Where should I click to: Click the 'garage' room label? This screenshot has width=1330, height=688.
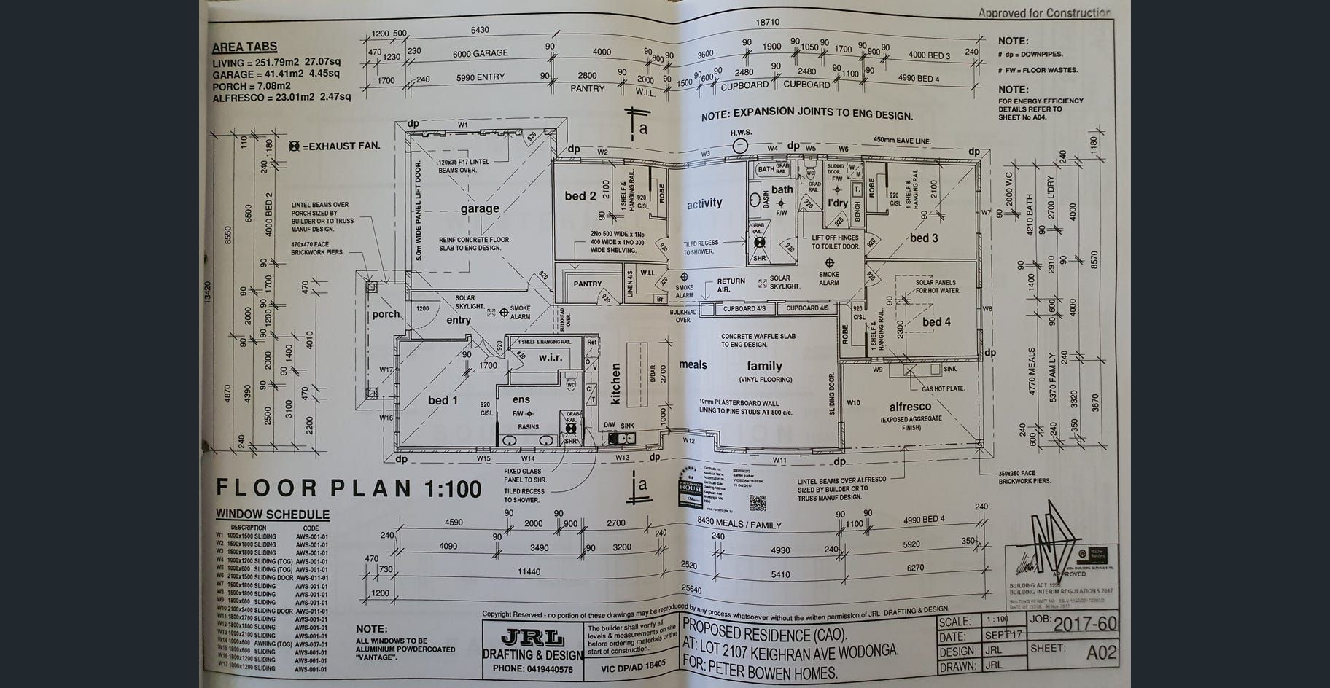(x=480, y=208)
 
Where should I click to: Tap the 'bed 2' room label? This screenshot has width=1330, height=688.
(x=580, y=195)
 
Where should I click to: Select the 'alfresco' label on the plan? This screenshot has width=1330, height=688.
(x=910, y=407)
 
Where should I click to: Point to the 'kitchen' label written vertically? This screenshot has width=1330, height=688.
(x=615, y=384)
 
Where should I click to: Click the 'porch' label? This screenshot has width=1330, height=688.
(x=386, y=314)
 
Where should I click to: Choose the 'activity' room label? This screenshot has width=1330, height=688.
(x=704, y=203)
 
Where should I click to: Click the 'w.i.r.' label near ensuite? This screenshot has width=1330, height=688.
(x=551, y=357)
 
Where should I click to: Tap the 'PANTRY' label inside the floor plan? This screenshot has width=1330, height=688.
(x=587, y=284)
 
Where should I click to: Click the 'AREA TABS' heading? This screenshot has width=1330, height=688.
(x=244, y=47)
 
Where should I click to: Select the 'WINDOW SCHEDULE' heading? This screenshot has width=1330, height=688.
(x=272, y=515)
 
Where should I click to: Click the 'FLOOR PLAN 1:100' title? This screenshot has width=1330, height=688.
(x=349, y=488)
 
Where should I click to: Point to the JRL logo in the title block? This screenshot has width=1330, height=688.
(x=533, y=638)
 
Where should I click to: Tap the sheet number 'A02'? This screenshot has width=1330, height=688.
(x=1101, y=652)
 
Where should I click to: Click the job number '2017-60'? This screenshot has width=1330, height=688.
(x=1085, y=624)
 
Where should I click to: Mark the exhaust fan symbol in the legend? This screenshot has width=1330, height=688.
(x=294, y=146)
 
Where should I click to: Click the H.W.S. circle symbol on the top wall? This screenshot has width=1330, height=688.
(x=740, y=145)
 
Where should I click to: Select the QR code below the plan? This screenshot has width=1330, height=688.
(x=758, y=502)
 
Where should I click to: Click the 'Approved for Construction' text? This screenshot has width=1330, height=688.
(x=1044, y=12)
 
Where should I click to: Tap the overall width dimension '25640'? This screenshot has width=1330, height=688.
(x=691, y=589)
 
